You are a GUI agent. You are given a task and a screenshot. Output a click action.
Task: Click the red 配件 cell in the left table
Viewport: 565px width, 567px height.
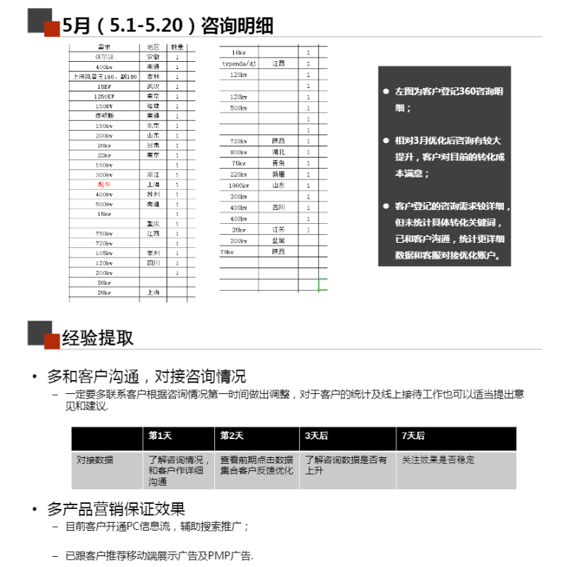pyautogui.click(x=103, y=185)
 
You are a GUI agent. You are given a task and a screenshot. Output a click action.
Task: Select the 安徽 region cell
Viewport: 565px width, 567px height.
pyautogui.click(x=153, y=57)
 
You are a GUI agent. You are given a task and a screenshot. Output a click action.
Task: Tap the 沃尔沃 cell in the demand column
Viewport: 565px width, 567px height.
pyautogui.click(x=103, y=57)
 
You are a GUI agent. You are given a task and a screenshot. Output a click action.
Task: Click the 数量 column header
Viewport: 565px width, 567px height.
pyautogui.click(x=177, y=47)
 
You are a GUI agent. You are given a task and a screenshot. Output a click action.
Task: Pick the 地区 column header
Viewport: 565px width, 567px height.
pyautogui.click(x=153, y=47)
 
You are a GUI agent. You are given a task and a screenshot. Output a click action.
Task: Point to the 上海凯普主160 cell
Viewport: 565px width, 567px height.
pyautogui.click(x=105, y=76)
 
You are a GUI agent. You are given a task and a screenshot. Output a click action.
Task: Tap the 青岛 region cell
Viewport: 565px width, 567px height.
pyautogui.click(x=278, y=163)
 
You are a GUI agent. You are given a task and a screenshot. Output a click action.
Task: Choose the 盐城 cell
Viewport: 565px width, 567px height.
pyautogui.click(x=278, y=241)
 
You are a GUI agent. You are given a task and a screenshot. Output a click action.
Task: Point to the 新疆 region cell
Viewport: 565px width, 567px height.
pyautogui.click(x=278, y=174)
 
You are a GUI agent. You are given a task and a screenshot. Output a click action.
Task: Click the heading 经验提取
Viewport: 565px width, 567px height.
pyautogui.click(x=97, y=338)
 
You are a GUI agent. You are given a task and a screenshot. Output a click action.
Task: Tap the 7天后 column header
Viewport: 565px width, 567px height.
pyautogui.click(x=412, y=436)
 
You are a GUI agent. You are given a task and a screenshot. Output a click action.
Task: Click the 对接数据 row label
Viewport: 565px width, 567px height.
pyautogui.click(x=95, y=460)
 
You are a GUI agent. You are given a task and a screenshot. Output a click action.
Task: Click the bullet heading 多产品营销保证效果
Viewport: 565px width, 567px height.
pyautogui.click(x=116, y=509)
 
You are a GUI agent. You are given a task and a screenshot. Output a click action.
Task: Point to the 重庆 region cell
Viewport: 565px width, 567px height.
pyautogui.click(x=153, y=224)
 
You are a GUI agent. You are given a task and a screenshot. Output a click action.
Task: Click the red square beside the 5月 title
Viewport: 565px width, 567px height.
pyautogui.click(x=52, y=28)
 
